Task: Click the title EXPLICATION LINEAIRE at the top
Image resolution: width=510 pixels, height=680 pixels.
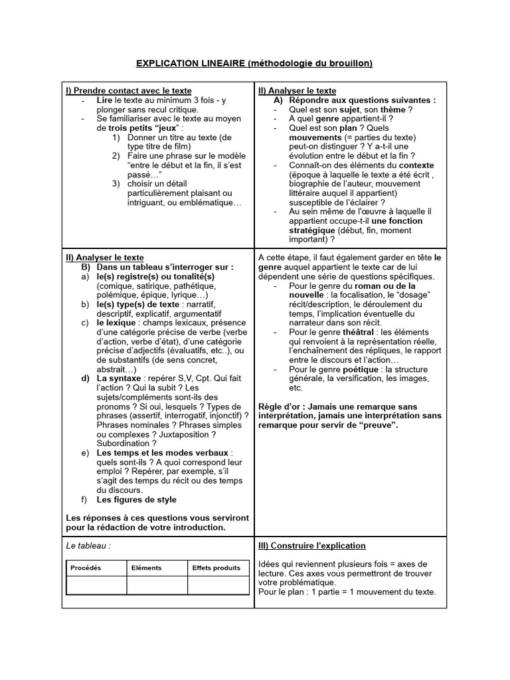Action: click(x=191, y=64)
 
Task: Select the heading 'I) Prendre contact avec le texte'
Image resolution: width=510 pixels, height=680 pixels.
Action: click(x=129, y=91)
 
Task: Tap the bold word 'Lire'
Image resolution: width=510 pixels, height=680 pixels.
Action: click(x=105, y=100)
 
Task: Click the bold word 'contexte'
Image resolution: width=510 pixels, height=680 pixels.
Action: click(x=412, y=165)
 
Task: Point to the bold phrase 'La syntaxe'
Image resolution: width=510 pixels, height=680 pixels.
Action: click(x=119, y=379)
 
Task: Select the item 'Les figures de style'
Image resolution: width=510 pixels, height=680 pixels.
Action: click(x=137, y=499)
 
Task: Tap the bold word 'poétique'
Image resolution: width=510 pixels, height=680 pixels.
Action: click(x=362, y=369)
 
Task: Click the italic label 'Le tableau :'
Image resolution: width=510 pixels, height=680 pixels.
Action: click(x=88, y=546)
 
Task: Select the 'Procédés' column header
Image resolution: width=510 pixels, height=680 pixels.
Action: click(x=86, y=568)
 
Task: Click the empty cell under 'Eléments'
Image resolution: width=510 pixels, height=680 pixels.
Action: click(x=157, y=585)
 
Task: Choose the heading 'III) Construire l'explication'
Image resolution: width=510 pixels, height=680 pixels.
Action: click(x=312, y=546)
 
